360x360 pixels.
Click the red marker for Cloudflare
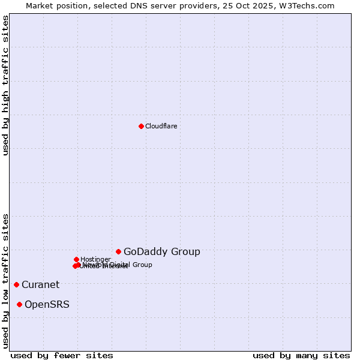click(141, 126)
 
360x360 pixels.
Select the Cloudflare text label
click(161, 126)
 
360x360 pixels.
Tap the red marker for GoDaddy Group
click(119, 251)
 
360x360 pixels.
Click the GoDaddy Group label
click(162, 252)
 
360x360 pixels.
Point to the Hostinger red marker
click(76, 259)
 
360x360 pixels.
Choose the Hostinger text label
click(95, 259)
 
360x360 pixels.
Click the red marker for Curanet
click(16, 284)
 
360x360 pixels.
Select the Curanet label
click(40, 285)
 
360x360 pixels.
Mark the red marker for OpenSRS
click(19, 304)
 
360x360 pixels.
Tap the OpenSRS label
click(47, 305)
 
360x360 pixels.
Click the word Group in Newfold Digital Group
click(142, 265)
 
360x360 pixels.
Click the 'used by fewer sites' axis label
click(62, 356)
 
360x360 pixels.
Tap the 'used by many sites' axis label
click(301, 356)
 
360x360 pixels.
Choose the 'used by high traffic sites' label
click(5, 86)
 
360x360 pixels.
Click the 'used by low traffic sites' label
click(5, 280)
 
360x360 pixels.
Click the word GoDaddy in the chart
click(143, 252)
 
